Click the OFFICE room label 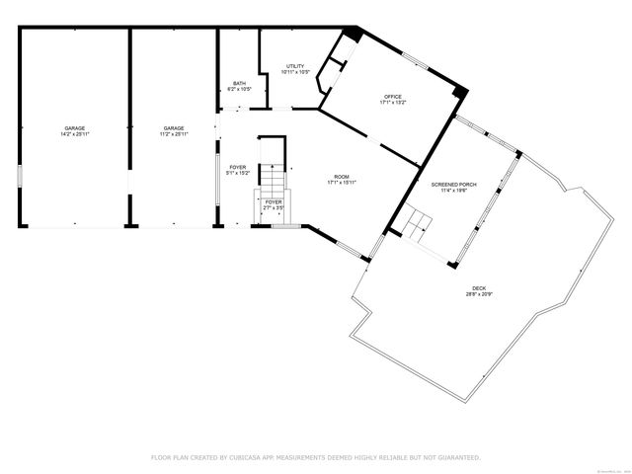[393, 96]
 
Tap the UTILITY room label [295, 66]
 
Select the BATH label [239, 83]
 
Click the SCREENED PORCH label [448, 185]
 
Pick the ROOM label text [342, 176]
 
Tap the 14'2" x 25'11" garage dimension [74, 134]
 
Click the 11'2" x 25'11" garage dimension [174, 134]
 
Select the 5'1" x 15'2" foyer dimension [238, 173]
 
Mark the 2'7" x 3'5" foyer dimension [274, 208]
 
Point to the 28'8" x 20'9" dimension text [478, 294]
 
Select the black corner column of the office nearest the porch [458, 93]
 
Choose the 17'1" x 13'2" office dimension [393, 102]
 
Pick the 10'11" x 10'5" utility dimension [295, 72]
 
